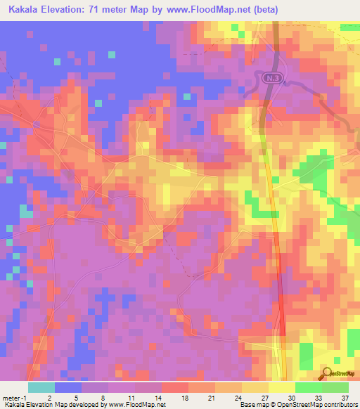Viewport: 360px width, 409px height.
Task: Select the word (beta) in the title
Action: point(265,10)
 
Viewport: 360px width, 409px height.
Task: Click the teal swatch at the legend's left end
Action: point(41,387)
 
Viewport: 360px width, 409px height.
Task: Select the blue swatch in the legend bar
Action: point(68,387)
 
